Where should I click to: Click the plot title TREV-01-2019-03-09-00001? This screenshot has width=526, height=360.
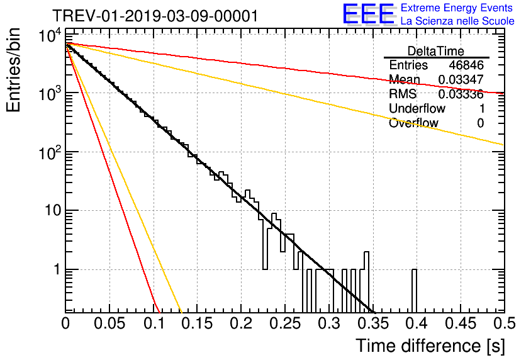pyautogui.click(x=155, y=16)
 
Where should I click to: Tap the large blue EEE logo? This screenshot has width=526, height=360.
pyautogui.click(x=368, y=15)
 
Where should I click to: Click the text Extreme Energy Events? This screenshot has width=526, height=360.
pyautogui.click(x=457, y=8)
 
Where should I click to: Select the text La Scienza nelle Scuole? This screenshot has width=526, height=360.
pyautogui.click(x=457, y=21)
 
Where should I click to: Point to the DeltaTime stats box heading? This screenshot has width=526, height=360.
pyautogui.click(x=436, y=51)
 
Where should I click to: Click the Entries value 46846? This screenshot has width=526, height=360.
pyautogui.click(x=466, y=65)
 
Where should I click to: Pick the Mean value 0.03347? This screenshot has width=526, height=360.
pyautogui.click(x=461, y=80)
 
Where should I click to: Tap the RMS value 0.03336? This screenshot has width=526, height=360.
pyautogui.click(x=461, y=94)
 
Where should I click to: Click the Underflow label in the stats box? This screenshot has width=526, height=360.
pyautogui.click(x=417, y=109)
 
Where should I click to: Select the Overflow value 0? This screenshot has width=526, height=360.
pyautogui.click(x=480, y=123)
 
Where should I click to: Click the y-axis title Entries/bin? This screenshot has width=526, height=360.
pyautogui.click(x=14, y=70)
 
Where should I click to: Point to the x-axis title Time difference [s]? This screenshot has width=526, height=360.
pyautogui.click(x=430, y=346)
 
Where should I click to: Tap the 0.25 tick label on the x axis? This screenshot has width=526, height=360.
pyautogui.click(x=284, y=323)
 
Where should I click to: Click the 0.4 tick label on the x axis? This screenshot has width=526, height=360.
pyautogui.click(x=415, y=323)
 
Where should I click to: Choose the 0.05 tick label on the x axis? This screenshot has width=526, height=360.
pyautogui.click(x=110, y=323)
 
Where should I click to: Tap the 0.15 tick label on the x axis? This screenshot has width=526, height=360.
pyautogui.click(x=197, y=323)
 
